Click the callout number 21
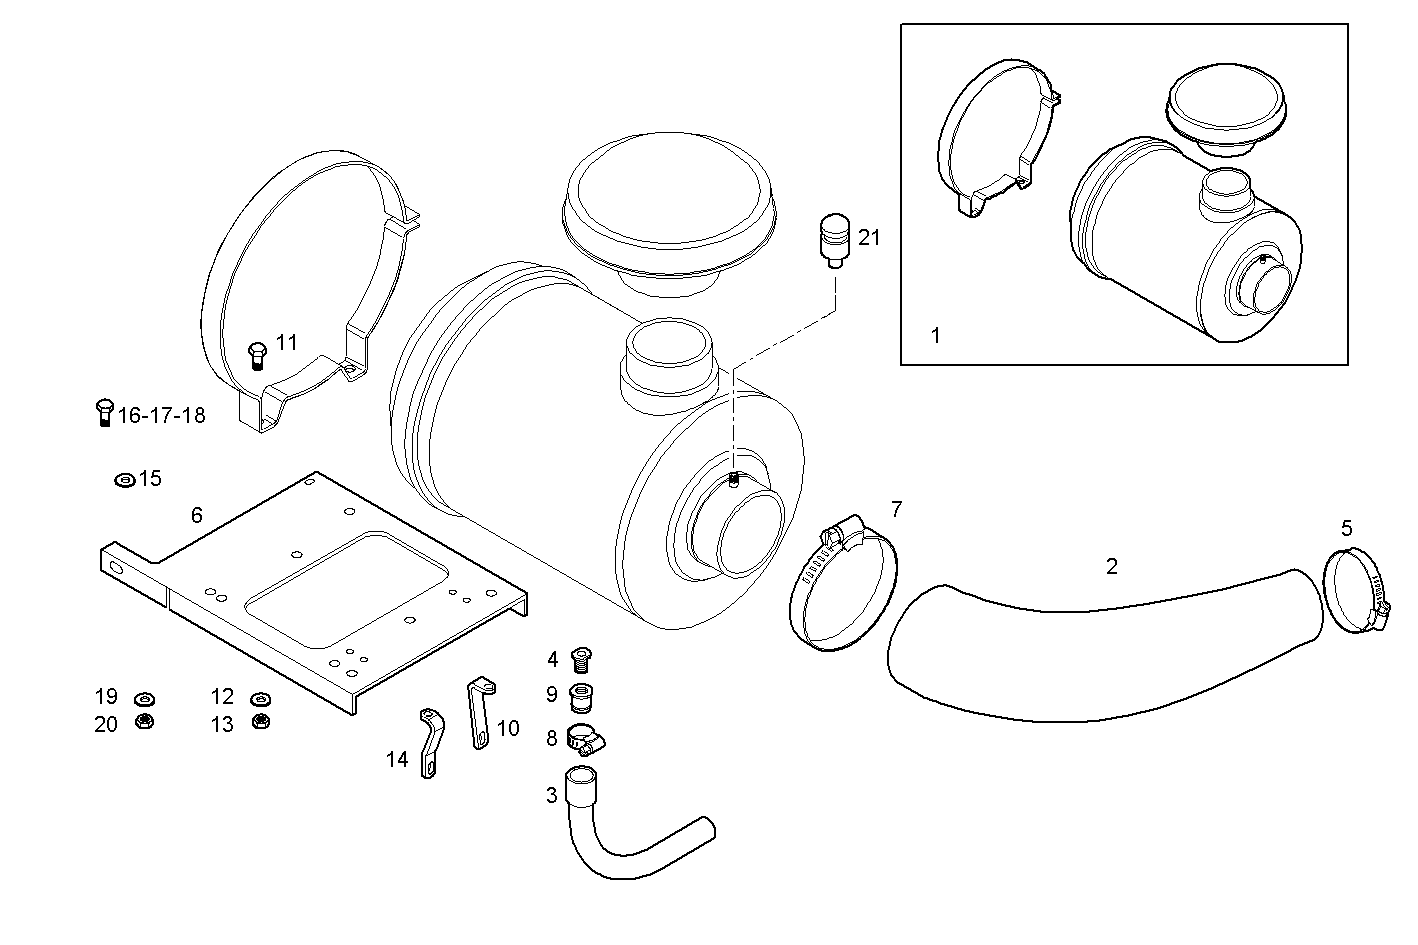[869, 238]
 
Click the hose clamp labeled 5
[1356, 594]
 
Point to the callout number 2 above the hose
[1112, 567]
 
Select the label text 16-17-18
[162, 415]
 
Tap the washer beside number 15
[125, 480]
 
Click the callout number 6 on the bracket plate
[197, 515]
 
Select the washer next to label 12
[260, 698]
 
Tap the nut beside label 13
[261, 722]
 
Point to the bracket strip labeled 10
[479, 711]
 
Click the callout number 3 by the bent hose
[552, 796]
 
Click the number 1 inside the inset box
[936, 336]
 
